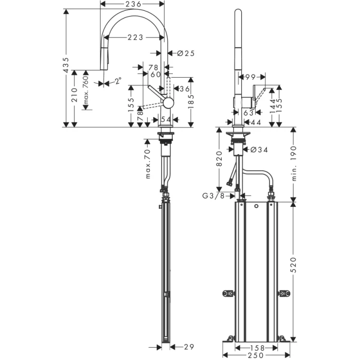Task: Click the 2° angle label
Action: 118,81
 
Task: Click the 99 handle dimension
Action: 250,77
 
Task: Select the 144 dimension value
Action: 272,105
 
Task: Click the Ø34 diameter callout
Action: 259,150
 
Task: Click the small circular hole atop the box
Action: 256,206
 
